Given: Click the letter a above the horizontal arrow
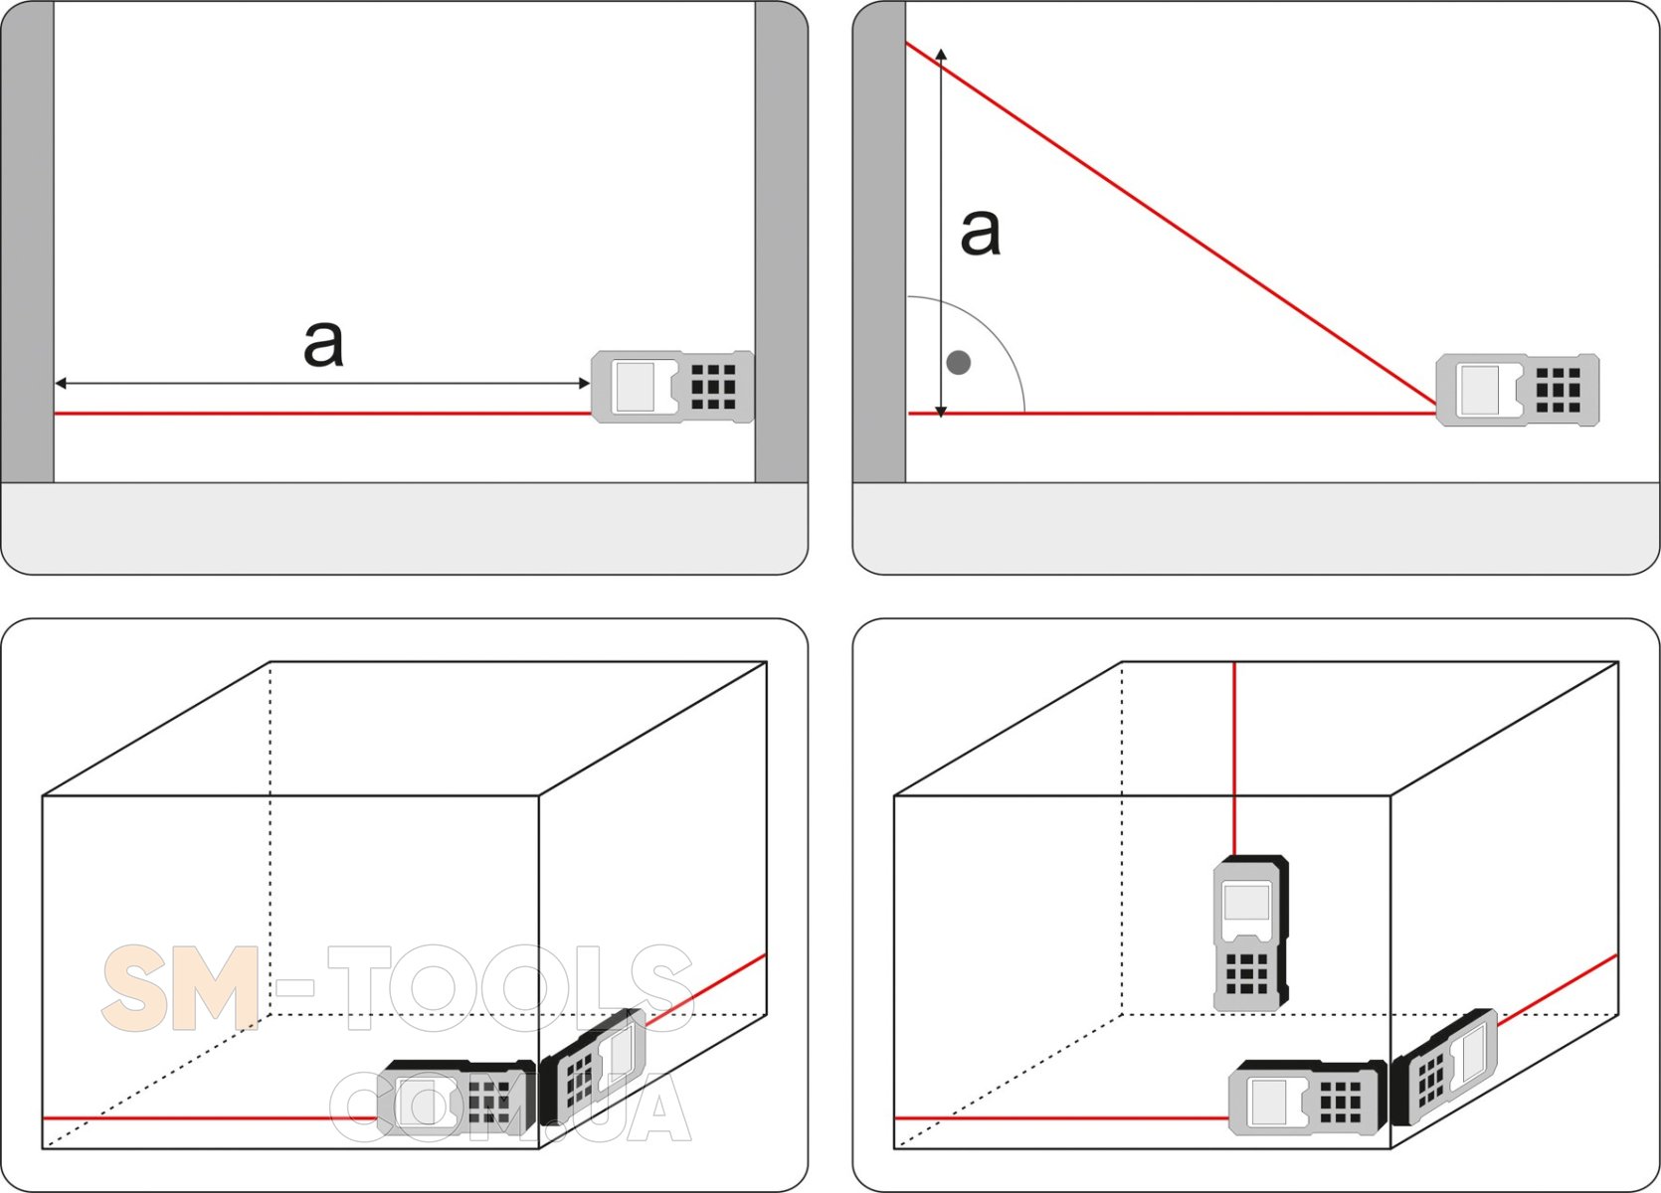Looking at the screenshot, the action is point(323,344).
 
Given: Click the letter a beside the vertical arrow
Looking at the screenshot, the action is point(981,232).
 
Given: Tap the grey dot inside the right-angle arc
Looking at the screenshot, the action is point(959,362).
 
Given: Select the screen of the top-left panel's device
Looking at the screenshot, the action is point(636,387).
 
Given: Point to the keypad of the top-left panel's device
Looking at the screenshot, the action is point(713,387).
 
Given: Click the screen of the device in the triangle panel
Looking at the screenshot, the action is point(1480,390).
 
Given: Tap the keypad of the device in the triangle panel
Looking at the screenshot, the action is point(1558,390).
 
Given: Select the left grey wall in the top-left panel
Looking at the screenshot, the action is point(28,242).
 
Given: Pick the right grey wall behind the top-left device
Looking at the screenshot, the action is point(782,242).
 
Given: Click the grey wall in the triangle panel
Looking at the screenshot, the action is point(879,242).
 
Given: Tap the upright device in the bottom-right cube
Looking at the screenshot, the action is point(1250,933).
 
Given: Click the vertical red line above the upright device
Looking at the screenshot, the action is point(1234,759).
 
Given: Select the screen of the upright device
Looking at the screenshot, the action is point(1246,902).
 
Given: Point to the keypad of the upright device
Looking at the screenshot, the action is point(1247,973).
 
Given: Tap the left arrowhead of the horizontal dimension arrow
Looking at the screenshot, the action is point(61,383).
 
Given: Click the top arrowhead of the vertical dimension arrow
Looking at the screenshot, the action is point(941,54).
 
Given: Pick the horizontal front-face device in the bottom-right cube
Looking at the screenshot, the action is point(1307,1099).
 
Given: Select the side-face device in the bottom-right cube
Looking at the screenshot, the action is point(1443,1066).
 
